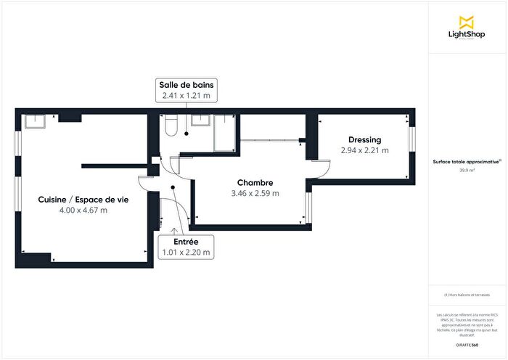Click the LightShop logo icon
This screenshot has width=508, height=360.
click(467, 22)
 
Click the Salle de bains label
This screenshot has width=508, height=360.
click(187, 85)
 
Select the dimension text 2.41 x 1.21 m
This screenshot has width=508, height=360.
click(187, 95)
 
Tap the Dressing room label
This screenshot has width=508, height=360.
click(364, 140)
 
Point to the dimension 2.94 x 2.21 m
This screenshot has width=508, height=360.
click(364, 151)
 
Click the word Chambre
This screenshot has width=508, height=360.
click(255, 183)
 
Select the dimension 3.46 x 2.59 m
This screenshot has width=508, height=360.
click(255, 194)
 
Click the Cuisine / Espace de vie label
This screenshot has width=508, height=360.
click(83, 199)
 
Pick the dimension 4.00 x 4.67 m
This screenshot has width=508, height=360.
click(83, 210)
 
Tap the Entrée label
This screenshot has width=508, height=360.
click(186, 241)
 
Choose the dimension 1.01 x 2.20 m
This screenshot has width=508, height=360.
click(186, 252)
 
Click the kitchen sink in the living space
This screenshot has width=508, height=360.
click(33, 120)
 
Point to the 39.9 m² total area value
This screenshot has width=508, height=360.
click(467, 171)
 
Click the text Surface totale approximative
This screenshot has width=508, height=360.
click(465, 163)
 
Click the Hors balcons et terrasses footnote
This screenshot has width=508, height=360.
click(467, 295)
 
